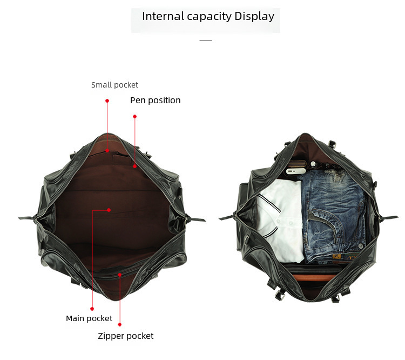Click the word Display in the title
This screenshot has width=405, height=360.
(x=254, y=16)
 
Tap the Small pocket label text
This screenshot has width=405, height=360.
(x=114, y=85)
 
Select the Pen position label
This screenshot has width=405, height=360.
(x=155, y=100)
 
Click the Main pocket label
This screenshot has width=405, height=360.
(x=89, y=318)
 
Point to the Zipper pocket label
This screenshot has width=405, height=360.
(x=125, y=336)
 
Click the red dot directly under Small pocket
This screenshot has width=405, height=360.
(x=107, y=101)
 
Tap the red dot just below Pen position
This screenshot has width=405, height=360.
(x=134, y=116)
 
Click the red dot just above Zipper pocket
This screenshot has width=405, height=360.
(x=120, y=324)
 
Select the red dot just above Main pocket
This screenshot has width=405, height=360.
(x=91, y=308)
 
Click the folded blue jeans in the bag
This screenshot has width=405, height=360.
(x=332, y=216)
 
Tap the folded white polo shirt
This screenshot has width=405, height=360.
(x=278, y=216)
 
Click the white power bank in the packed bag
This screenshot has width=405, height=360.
(x=294, y=171)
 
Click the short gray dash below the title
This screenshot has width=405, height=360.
(x=205, y=41)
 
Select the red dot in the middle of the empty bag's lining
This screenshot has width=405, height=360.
(x=109, y=209)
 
